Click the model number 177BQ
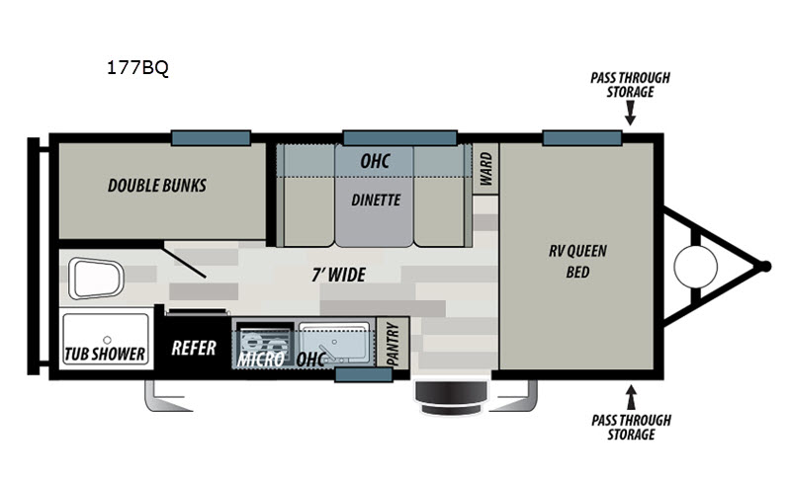(x=137, y=67)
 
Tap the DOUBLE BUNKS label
(x=157, y=186)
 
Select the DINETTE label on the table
(x=376, y=201)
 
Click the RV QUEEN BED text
(x=577, y=261)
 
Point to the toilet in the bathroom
(x=96, y=279)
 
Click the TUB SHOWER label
(x=105, y=354)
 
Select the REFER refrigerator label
(x=194, y=348)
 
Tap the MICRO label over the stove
(x=261, y=359)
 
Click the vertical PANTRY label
(x=393, y=345)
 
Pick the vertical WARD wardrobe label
(x=485, y=169)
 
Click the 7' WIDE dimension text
(x=338, y=275)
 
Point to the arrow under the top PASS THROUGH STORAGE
(x=630, y=113)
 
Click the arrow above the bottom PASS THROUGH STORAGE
(x=631, y=397)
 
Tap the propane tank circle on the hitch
(x=696, y=267)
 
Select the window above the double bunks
(x=211, y=137)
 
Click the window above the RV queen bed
(x=582, y=137)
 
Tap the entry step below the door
(x=452, y=398)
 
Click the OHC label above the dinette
(x=375, y=161)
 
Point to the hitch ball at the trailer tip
(x=764, y=267)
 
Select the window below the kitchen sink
(x=364, y=374)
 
